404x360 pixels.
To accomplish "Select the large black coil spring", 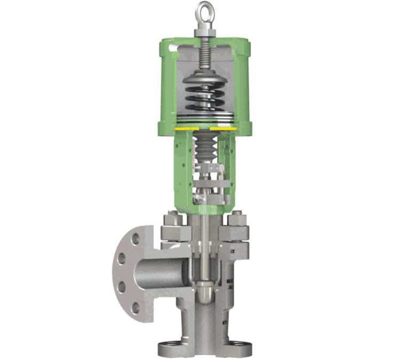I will (203, 99).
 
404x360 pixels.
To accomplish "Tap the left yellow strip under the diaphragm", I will (184, 129).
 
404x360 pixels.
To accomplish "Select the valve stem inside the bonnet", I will (203, 240).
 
